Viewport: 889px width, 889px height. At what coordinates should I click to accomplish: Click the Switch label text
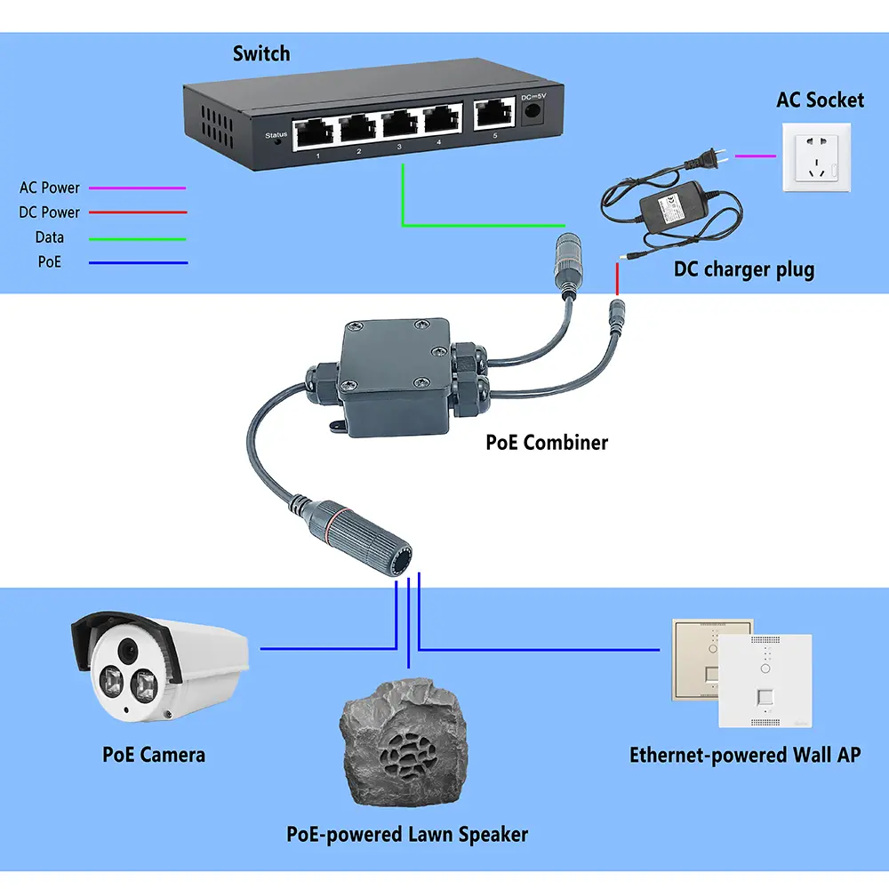pos(261,53)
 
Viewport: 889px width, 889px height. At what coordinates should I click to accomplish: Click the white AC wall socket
pos(815,157)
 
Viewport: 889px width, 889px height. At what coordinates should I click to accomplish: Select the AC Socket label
pos(820,99)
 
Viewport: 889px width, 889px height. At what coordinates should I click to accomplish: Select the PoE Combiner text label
pos(547,442)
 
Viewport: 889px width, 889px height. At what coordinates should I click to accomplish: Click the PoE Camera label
pos(154,755)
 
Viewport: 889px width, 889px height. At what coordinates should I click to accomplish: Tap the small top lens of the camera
pos(130,648)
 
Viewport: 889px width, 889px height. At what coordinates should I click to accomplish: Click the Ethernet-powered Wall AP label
pos(745,755)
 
